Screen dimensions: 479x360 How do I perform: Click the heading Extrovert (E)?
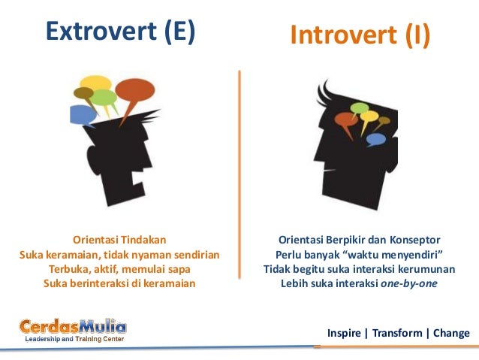click(120, 32)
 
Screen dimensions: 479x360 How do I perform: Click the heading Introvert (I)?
click(360, 35)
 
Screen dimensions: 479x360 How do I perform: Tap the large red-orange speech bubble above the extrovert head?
click(134, 91)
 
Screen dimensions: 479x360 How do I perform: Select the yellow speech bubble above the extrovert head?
click(95, 83)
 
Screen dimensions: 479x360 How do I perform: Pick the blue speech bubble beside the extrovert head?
click(83, 115)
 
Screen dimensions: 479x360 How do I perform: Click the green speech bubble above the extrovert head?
click(104, 98)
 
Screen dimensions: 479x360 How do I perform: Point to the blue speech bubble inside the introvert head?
click(375, 140)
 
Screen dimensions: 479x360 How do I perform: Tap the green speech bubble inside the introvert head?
click(360, 108)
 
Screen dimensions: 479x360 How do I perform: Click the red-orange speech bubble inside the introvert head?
click(346, 120)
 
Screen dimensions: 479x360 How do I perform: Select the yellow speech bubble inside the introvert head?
click(369, 116)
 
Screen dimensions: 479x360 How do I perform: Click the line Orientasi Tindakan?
click(119, 240)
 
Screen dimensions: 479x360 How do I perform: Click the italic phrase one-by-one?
click(408, 283)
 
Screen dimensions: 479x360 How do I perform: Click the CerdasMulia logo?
click(73, 330)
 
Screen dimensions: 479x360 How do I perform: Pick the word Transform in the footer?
click(397, 333)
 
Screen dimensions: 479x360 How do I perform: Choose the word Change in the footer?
click(451, 333)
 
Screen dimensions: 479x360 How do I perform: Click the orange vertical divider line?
click(239, 174)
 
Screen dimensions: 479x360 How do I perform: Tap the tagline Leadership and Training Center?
click(74, 339)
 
